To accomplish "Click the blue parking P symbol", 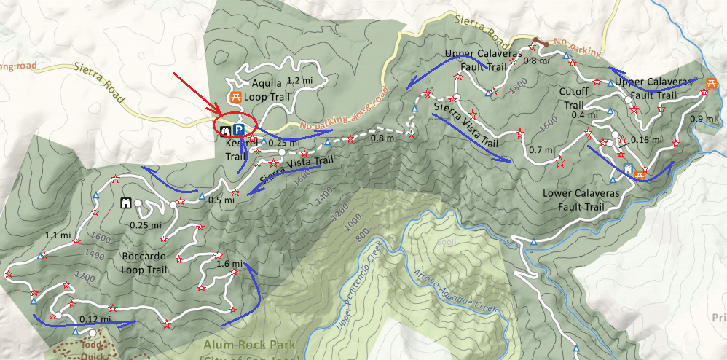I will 238,129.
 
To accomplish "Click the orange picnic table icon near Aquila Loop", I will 235,97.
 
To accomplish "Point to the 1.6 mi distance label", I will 229,264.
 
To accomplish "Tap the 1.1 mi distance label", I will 58,235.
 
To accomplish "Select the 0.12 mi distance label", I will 96,318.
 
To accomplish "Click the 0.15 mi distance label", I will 645,140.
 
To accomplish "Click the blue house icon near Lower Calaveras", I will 629,169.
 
